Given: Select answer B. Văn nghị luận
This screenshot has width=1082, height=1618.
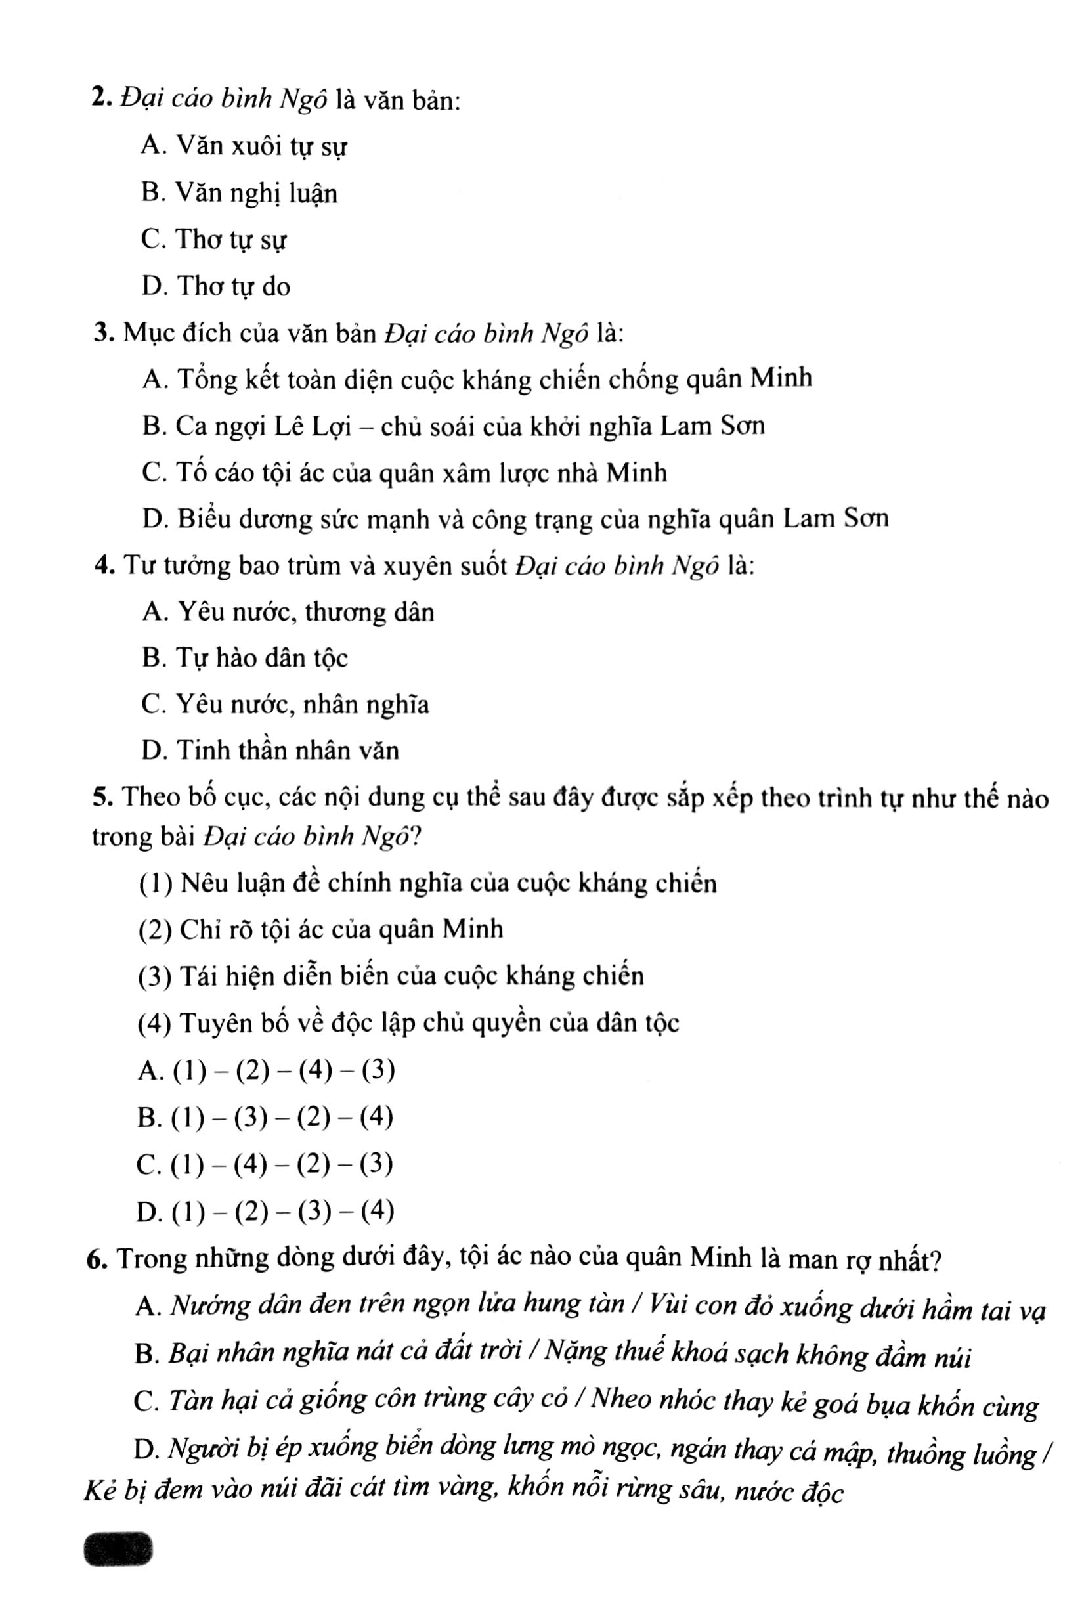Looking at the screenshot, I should click(239, 192).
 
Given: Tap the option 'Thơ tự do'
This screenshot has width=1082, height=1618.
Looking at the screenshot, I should click(215, 286).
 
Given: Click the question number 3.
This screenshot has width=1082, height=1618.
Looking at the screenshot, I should click(104, 334).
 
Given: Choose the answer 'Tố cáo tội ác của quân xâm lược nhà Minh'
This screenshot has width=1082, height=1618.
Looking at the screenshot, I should click(404, 473).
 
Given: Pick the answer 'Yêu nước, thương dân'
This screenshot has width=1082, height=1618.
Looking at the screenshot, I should click(288, 612).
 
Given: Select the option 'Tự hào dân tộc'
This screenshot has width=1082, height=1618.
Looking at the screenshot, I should click(244, 658).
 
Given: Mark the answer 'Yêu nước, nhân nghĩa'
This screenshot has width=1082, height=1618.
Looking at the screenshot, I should click(285, 705).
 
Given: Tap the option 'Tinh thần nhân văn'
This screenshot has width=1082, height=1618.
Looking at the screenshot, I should click(270, 751).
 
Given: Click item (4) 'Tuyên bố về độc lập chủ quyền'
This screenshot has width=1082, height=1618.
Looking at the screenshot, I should click(408, 1023).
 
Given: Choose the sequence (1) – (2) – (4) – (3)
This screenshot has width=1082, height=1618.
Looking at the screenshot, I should click(267, 1071).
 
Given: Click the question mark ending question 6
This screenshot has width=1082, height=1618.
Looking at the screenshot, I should click(934, 1260).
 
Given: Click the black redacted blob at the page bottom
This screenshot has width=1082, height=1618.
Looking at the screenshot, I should click(118, 1549).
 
